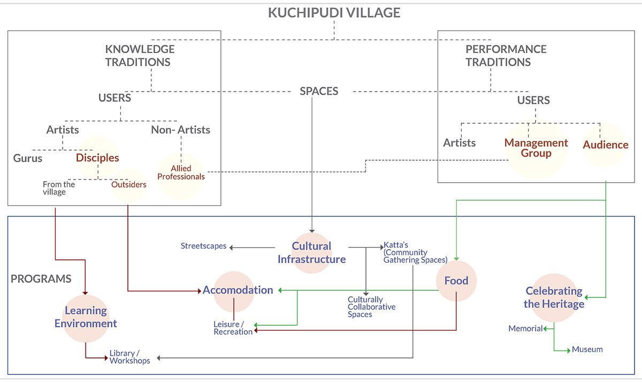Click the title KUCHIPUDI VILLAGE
click(334, 13)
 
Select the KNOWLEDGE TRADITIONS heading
click(139, 56)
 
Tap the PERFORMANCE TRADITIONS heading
click(498, 56)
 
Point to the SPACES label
click(319, 91)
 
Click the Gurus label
click(28, 158)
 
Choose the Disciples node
click(97, 158)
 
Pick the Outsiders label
click(128, 184)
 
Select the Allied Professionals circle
click(181, 173)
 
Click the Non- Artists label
click(180, 130)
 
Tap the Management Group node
click(536, 148)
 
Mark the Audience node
click(605, 145)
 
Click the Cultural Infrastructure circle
click(311, 253)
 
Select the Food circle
click(456, 281)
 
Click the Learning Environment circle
click(86, 317)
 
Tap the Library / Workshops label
click(129, 357)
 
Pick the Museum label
click(587, 349)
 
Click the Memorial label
click(525, 328)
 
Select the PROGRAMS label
click(41, 279)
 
